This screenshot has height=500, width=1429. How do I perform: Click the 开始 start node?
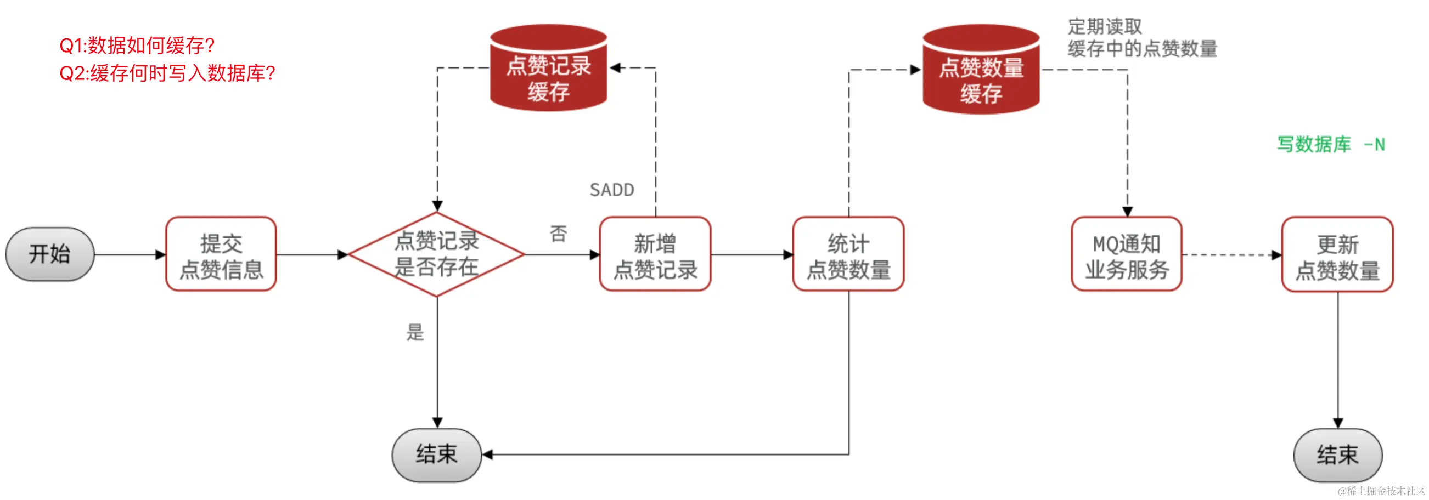[49, 254]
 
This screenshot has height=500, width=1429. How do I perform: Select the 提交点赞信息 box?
[221, 254]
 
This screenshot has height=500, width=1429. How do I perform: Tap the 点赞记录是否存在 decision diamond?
[437, 254]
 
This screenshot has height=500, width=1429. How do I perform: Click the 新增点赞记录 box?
[655, 254]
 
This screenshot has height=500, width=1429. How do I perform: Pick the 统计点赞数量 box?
[848, 254]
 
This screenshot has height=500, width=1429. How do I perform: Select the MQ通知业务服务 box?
[1127, 254]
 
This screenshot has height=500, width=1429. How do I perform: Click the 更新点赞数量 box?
[1337, 255]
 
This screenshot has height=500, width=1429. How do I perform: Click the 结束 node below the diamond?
[437, 454]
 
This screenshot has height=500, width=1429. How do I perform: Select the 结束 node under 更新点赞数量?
[1337, 455]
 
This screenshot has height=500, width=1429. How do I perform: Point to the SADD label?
[611, 190]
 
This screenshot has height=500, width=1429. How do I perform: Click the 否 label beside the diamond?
[558, 234]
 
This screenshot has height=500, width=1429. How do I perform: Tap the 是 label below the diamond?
[415, 333]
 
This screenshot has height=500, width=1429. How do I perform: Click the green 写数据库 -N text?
[1330, 145]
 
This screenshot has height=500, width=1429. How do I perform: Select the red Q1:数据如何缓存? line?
[137, 46]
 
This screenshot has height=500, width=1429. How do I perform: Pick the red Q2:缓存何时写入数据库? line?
[167, 73]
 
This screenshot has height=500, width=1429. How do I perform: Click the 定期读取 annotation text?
[1105, 27]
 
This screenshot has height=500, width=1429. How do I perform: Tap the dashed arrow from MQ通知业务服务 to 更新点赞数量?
[1231, 255]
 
